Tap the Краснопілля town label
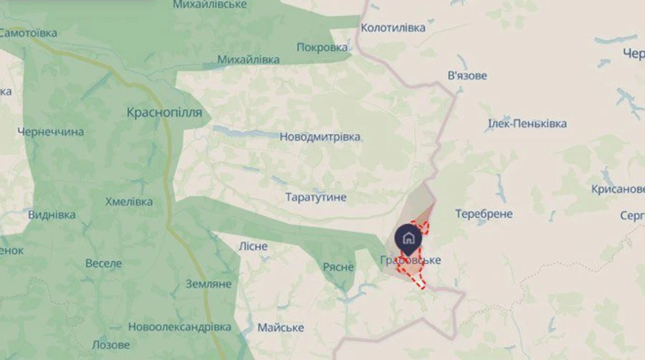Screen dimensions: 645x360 (x=164, y=113)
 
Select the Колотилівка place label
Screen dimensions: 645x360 (x=393, y=28)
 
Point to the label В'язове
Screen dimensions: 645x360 (x=467, y=76)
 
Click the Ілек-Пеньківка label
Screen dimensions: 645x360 (x=527, y=123)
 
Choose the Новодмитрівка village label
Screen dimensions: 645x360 (x=320, y=136)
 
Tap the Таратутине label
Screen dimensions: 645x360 (x=316, y=196)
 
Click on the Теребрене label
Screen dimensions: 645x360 (x=484, y=214)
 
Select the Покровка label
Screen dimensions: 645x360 (x=322, y=47)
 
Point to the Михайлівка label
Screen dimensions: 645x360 (x=248, y=60)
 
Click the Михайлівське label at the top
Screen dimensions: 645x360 (x=210, y=5)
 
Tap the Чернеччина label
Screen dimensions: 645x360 (x=51, y=131)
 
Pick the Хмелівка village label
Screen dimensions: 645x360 (x=129, y=202)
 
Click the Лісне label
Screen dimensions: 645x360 (x=253, y=246)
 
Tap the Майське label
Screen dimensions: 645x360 (x=280, y=328)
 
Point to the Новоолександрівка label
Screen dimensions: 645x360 (x=180, y=327)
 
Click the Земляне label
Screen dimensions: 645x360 (x=209, y=284)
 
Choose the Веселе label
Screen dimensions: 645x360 (x=103, y=263)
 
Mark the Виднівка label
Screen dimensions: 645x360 (x=52, y=214)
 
